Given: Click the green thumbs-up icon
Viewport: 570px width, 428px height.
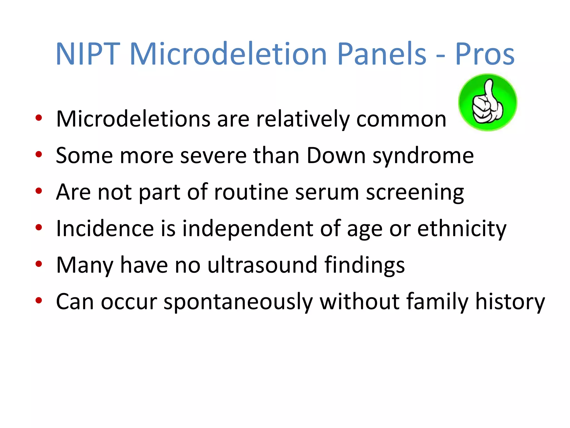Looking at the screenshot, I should click(488, 102).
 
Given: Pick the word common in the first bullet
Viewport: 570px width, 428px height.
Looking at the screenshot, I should click(401, 120).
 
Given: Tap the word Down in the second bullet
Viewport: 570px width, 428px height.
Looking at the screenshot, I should click(336, 155).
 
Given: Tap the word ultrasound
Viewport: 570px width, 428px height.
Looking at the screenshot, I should click(262, 265).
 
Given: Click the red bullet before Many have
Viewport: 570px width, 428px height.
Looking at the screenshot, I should click(39, 264).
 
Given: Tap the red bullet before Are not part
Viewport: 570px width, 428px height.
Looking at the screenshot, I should click(39, 191).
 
